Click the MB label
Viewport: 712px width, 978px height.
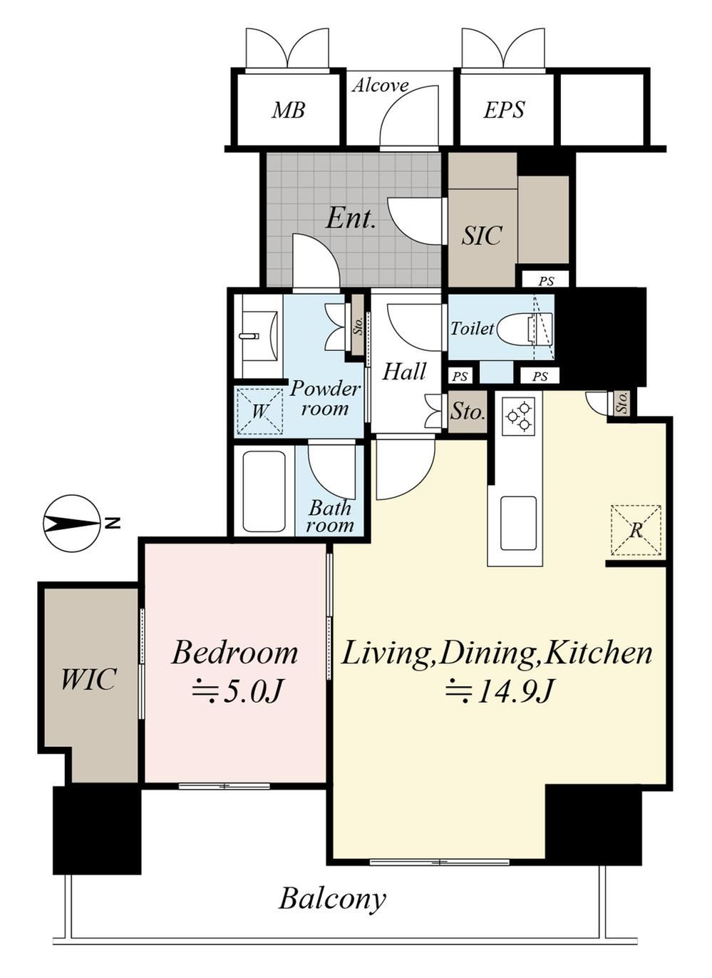point(288,110)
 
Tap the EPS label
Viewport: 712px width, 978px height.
point(504,109)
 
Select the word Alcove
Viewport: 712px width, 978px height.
point(381,86)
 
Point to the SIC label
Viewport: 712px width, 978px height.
point(482,235)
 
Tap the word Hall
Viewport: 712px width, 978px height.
point(404,372)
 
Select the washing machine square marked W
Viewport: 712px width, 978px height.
point(259,411)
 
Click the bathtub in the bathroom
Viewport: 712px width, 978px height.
point(264,491)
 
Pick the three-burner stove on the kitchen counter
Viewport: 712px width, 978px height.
point(519,416)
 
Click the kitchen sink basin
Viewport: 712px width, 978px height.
point(518,523)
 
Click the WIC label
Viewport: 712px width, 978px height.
point(88,679)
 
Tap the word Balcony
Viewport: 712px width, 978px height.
point(332,899)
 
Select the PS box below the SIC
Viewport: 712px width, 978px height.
point(545,281)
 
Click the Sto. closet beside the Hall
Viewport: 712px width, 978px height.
point(468,412)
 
